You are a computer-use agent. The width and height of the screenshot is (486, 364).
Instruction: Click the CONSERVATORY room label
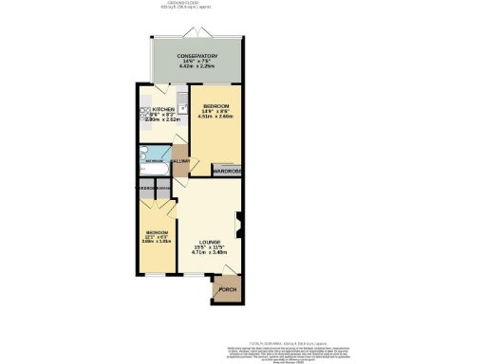point(196,56)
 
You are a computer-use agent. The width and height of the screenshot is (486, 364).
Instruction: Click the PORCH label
point(228,289)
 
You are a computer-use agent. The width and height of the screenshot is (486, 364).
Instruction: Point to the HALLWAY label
point(180,162)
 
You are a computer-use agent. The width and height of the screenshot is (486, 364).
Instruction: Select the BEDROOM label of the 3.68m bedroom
point(157,232)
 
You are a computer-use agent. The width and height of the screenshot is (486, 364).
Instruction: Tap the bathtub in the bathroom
point(153,157)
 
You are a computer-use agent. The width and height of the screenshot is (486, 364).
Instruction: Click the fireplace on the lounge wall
point(238,227)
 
